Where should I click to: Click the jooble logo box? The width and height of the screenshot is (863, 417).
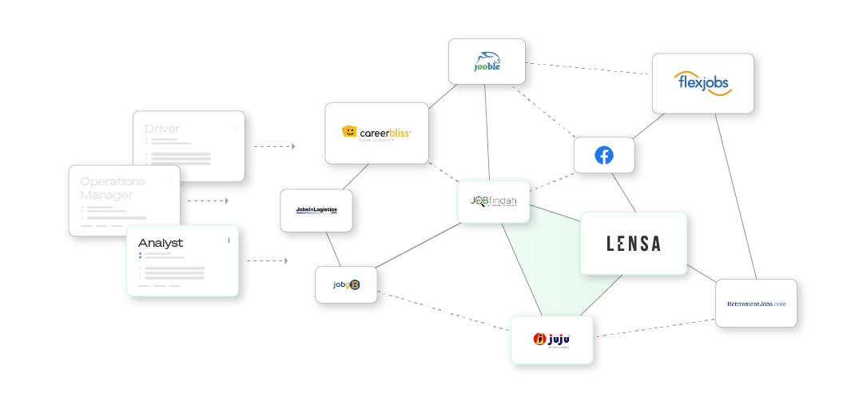pos(487,62)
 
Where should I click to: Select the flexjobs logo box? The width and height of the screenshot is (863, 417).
pos(702,83)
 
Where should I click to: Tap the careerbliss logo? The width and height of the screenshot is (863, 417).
pos(376,133)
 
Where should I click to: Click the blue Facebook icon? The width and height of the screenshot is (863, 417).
pos(604,155)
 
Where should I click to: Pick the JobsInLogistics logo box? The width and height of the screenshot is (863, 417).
pos(316,210)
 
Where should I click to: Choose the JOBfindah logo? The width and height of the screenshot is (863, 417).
pos(493,201)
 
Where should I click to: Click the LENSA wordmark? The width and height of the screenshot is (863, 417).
pos(634,244)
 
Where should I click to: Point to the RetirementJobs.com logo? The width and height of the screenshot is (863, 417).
pos(756,304)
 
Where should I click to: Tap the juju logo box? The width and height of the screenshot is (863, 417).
pos(552,340)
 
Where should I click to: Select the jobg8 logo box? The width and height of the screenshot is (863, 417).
pos(346,284)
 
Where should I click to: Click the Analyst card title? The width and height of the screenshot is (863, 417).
pos(161,243)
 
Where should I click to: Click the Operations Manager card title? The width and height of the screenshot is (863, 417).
pos(113,188)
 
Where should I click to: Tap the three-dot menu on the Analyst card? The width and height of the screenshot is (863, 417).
pos(229,240)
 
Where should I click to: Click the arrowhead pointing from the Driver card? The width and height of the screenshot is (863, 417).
pos(293,147)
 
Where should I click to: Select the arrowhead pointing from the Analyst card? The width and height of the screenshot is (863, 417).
pos(285,260)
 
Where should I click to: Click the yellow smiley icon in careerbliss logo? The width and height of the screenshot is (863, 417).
pos(348,132)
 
